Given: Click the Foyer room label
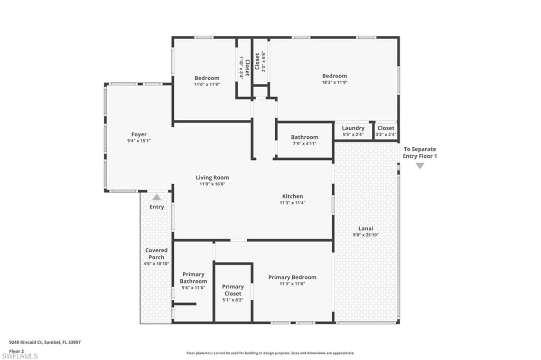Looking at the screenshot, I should [x=139, y=135].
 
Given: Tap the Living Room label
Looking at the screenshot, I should [x=212, y=178].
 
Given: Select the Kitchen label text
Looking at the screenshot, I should [x=292, y=196].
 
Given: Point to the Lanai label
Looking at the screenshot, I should [x=366, y=229].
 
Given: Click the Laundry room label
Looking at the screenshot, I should [x=353, y=128].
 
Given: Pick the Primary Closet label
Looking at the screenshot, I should [x=233, y=290].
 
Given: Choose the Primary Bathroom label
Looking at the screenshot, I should [x=193, y=278].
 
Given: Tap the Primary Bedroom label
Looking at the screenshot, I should [x=292, y=278].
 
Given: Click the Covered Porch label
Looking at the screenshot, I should [x=156, y=254].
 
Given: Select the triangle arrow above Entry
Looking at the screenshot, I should [x=156, y=197].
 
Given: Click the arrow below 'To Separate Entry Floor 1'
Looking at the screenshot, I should [x=419, y=166].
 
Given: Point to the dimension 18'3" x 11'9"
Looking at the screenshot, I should [x=334, y=82].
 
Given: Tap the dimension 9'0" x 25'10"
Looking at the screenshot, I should [x=366, y=235].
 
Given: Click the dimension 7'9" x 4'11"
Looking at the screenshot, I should [x=304, y=144].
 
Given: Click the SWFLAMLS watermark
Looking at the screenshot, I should [x=20, y=356].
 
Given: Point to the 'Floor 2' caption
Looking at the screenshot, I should [x=17, y=350].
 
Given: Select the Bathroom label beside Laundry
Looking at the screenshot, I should [x=304, y=137].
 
